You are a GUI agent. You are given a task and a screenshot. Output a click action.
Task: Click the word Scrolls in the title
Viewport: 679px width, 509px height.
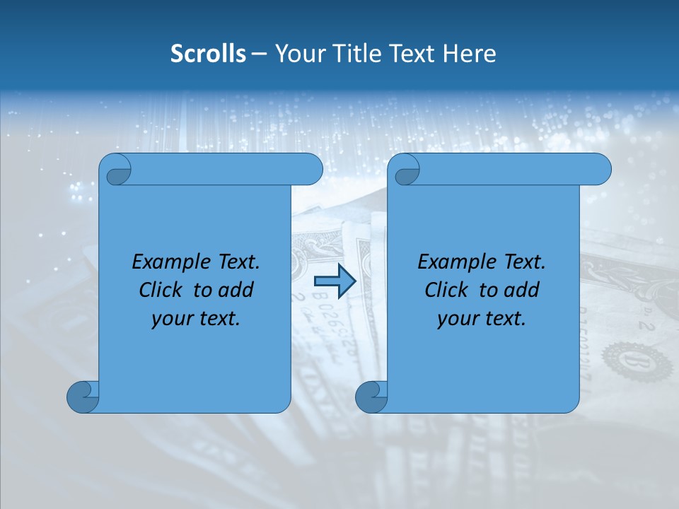click(208, 54)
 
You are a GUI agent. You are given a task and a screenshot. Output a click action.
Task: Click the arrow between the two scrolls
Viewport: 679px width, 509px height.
click(335, 281)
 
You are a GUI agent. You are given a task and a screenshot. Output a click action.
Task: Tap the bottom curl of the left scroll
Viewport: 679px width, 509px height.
click(82, 397)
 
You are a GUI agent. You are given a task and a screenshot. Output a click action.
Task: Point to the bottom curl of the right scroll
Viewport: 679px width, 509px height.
click(371, 397)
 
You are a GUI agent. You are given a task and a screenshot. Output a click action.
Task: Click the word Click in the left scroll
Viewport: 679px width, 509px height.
click(161, 291)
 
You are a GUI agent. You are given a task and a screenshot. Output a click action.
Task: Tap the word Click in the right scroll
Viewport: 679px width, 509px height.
click(446, 291)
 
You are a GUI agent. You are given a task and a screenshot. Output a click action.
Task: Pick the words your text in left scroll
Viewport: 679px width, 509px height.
click(196, 319)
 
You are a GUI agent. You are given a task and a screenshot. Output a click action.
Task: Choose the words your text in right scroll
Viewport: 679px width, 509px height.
click(482, 319)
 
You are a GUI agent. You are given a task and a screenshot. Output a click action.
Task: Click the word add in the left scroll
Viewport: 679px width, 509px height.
click(236, 291)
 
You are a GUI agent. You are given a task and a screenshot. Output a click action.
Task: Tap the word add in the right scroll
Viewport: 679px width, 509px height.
click(522, 291)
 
